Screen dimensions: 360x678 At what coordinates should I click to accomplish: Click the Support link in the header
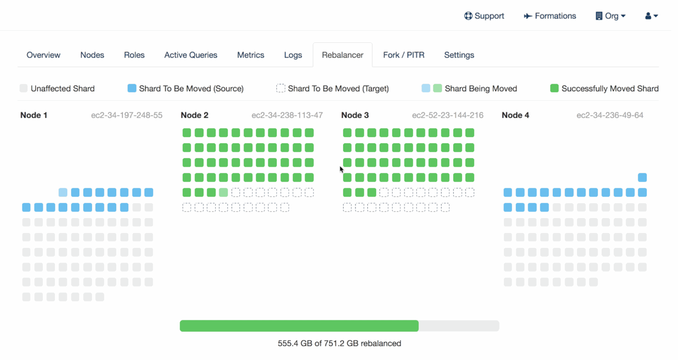484,16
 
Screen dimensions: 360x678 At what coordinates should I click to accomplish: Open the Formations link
550,16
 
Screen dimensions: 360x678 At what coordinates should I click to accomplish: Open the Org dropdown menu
611,16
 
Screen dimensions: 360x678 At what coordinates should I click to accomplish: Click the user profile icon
651,16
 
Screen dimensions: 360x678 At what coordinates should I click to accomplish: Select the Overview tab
44,55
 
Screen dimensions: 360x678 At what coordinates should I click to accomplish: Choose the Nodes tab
92,55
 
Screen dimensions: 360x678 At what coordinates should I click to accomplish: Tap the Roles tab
134,55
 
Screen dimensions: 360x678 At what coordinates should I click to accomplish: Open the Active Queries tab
190,55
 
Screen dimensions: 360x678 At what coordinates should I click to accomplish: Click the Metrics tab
250,55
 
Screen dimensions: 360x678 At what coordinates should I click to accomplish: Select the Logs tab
293,55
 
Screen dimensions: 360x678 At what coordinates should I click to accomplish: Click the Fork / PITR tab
403,55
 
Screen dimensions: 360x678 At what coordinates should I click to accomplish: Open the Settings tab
459,55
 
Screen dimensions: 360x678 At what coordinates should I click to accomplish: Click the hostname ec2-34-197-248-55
127,115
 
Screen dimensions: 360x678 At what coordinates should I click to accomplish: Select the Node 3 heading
355,115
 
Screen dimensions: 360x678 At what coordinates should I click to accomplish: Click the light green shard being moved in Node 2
224,193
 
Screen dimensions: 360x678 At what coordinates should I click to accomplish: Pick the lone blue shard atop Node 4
642,177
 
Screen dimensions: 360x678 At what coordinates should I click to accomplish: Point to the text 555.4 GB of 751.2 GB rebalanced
340,343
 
